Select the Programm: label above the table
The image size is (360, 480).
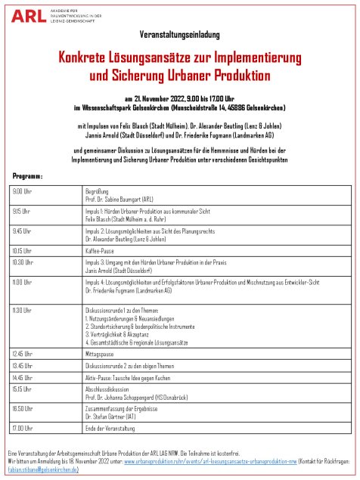click(28, 175)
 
